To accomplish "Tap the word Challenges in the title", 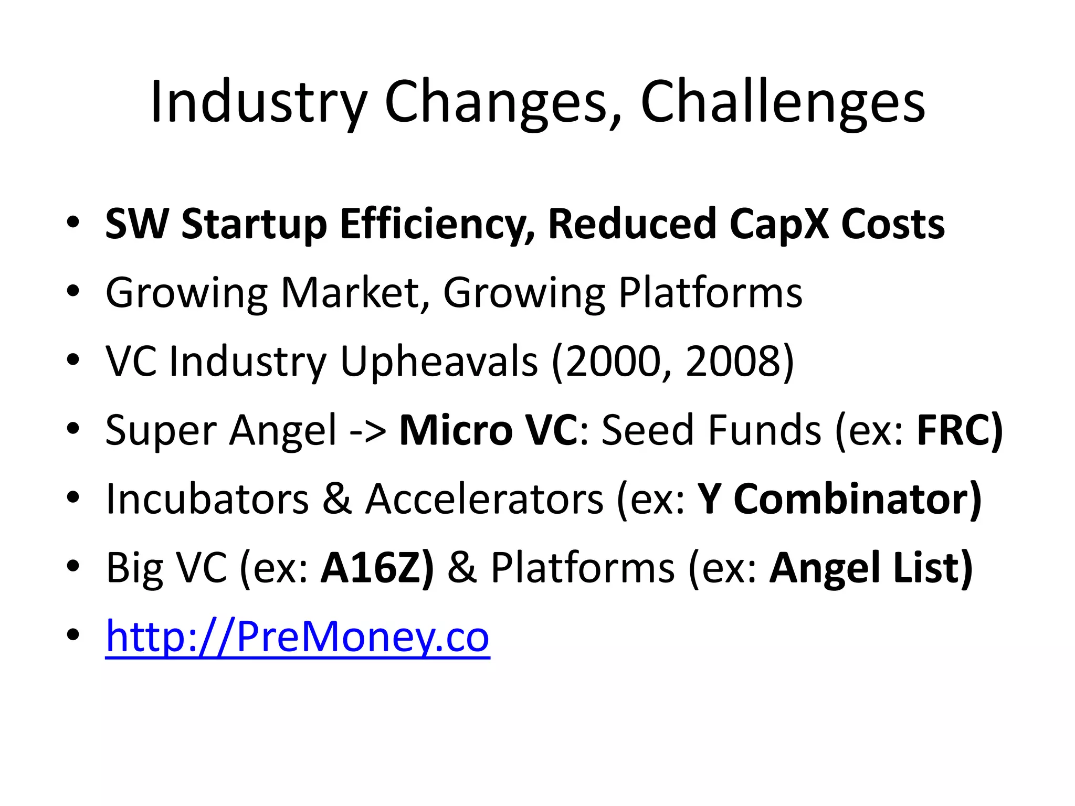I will point(783,102).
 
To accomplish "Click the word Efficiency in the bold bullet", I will point(438,224).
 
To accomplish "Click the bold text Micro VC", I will point(488,430).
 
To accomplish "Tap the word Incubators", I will point(207,499).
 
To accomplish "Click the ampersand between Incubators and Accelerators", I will point(336,499).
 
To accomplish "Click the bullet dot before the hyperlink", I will point(73,636).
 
